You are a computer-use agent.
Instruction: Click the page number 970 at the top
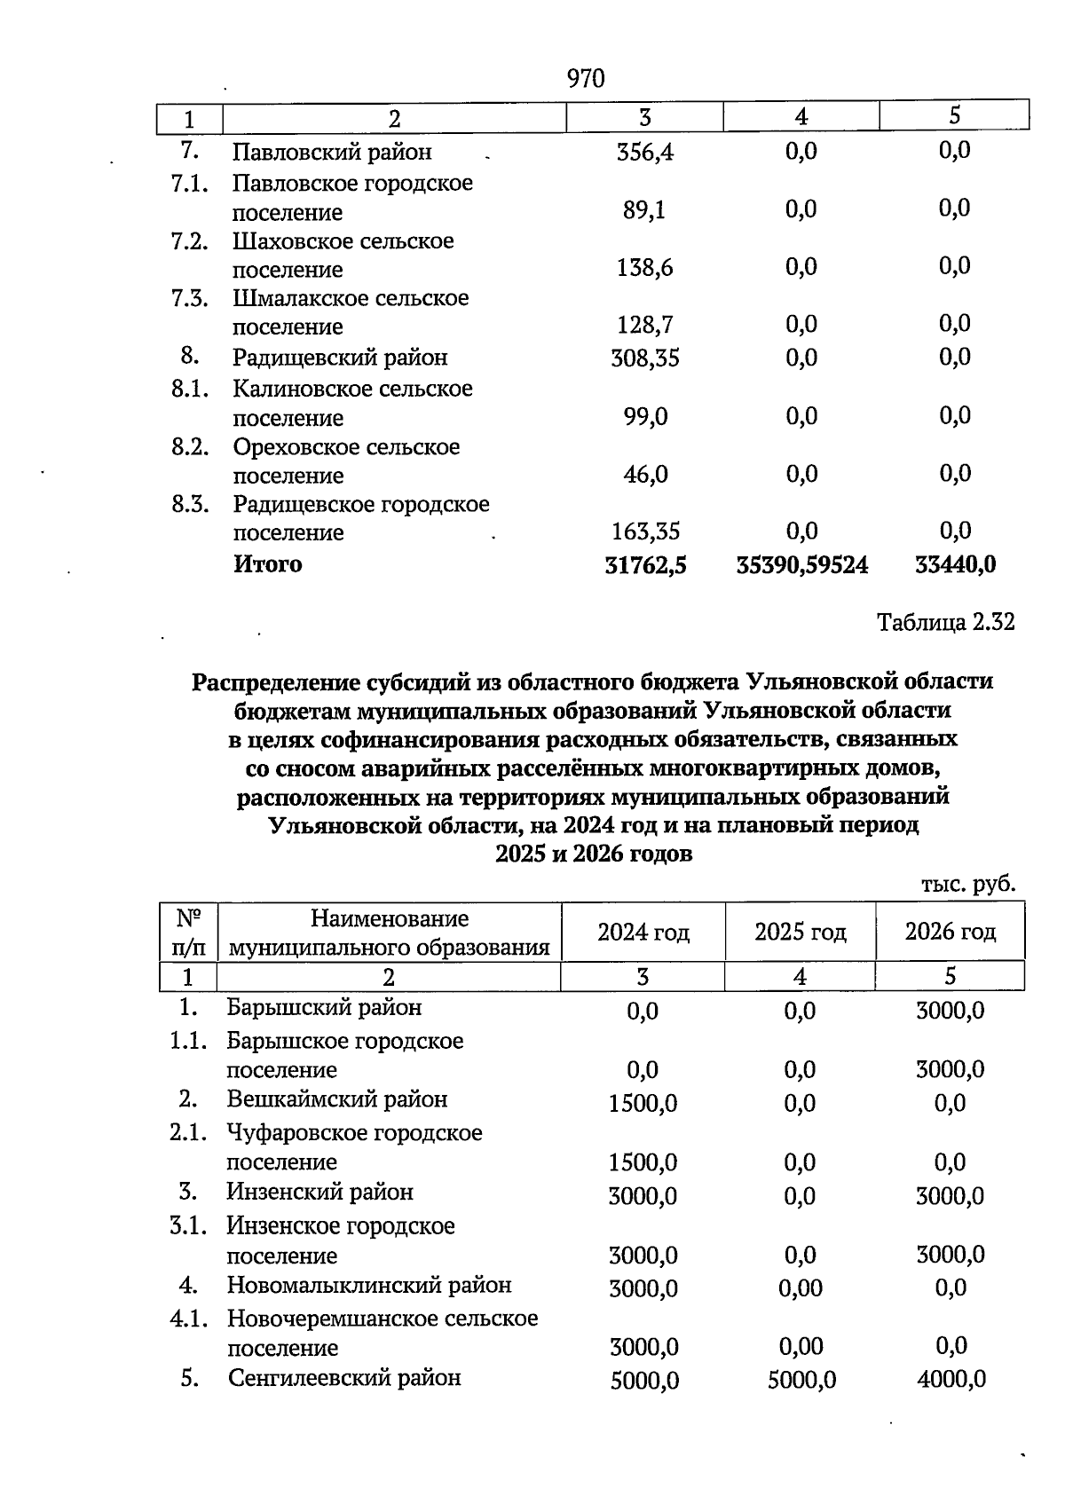585,79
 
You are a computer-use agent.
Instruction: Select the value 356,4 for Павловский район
644,153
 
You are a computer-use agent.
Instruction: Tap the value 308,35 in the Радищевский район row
644,358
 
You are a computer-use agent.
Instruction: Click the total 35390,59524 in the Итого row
802,565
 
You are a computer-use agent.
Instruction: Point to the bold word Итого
267,564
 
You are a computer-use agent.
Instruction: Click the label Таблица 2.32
945,623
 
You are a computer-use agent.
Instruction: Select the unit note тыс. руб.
967,885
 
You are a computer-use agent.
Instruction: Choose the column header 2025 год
800,932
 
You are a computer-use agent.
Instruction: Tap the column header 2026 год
950,932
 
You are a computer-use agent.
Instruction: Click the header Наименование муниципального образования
389,933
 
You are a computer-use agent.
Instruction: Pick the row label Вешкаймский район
336,1099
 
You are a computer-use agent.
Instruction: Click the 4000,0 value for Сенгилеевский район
950,1379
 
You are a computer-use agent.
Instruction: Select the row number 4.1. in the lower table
188,1319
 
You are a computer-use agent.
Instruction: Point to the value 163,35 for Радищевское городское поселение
644,532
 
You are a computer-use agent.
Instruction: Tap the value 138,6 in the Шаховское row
644,268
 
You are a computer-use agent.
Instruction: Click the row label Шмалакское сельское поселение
350,312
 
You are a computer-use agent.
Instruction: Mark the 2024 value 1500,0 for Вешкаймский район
643,1104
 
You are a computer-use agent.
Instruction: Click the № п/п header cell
188,932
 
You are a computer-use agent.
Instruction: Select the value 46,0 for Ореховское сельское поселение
644,475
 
